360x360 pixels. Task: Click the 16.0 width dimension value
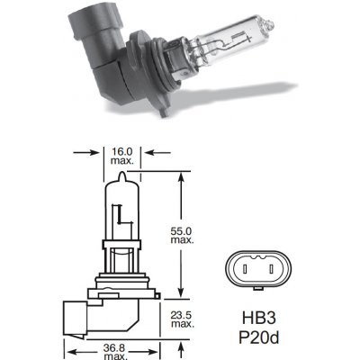tap(125, 153)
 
